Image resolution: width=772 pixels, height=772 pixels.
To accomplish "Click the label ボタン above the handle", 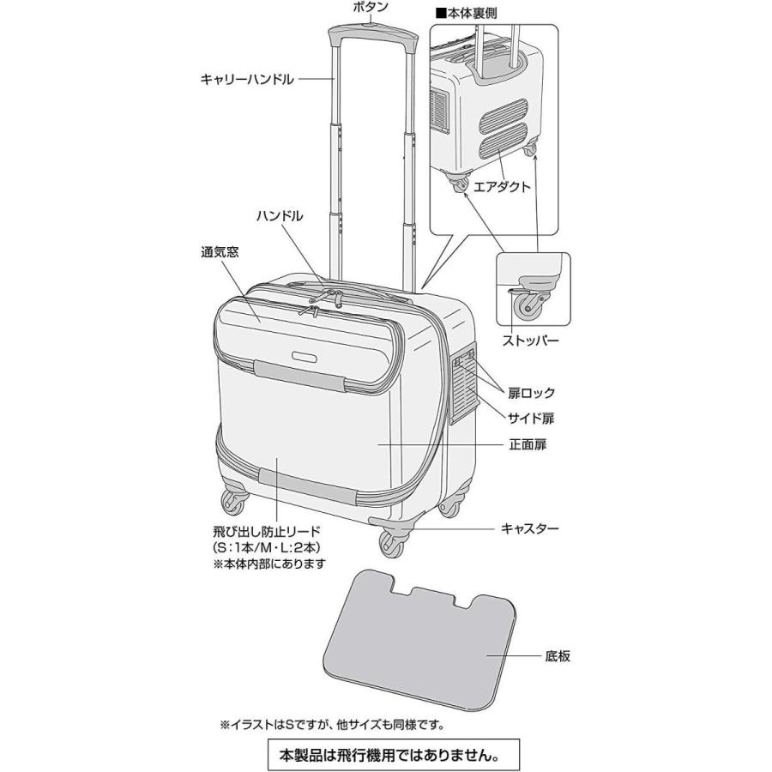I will (x=371, y=8).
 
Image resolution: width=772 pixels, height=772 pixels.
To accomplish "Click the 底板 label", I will (x=557, y=657).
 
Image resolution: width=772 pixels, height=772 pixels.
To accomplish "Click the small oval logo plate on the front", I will (x=305, y=355).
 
